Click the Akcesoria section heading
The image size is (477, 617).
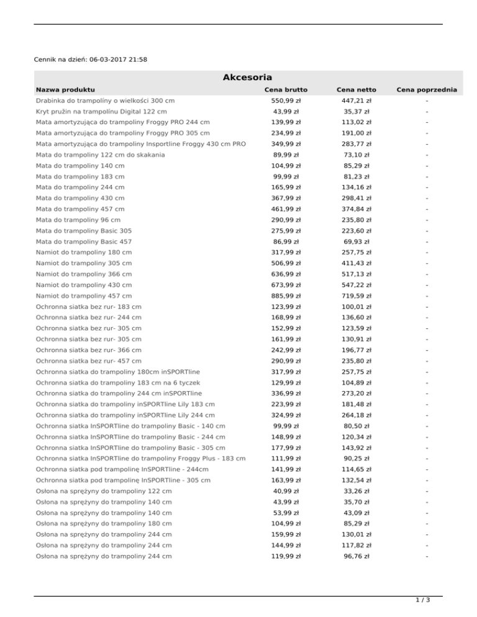[x=247, y=78]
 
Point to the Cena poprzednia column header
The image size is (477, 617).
[x=427, y=90]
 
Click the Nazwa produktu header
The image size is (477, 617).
[x=65, y=90]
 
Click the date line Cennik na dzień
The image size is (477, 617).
[x=91, y=60]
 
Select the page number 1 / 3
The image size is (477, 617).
[x=422, y=600]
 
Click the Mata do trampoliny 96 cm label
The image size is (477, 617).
[x=78, y=220]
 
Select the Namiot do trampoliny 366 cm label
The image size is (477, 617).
[x=84, y=274]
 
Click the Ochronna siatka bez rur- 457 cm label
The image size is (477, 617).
[x=89, y=361]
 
